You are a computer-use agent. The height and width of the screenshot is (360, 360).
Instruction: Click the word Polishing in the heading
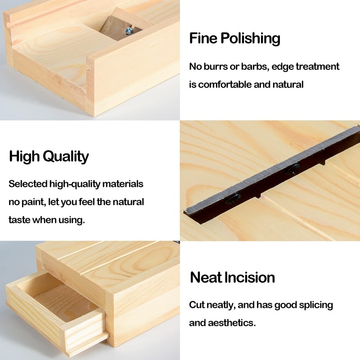pyautogui.click(x=250, y=39)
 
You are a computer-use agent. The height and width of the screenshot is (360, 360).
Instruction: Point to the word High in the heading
pyautogui.click(x=24, y=157)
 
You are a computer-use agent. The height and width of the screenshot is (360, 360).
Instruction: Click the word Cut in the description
pyautogui.click(x=197, y=305)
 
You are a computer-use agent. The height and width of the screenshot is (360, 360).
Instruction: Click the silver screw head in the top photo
pyautogui.click(x=129, y=31)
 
